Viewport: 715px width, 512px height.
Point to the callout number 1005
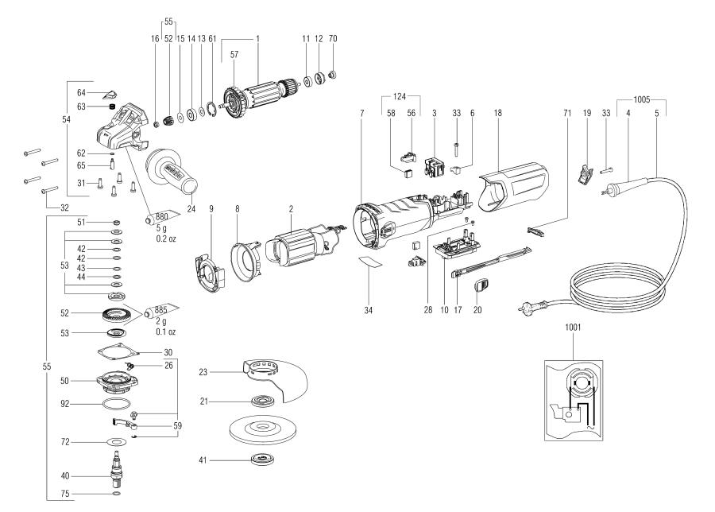pyautogui.click(x=640, y=100)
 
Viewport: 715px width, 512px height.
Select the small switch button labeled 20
pyautogui.click(x=481, y=286)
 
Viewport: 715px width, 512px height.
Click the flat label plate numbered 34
pyautogui.click(x=368, y=264)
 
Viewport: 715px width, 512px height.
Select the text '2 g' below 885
pyautogui.click(x=160, y=320)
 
